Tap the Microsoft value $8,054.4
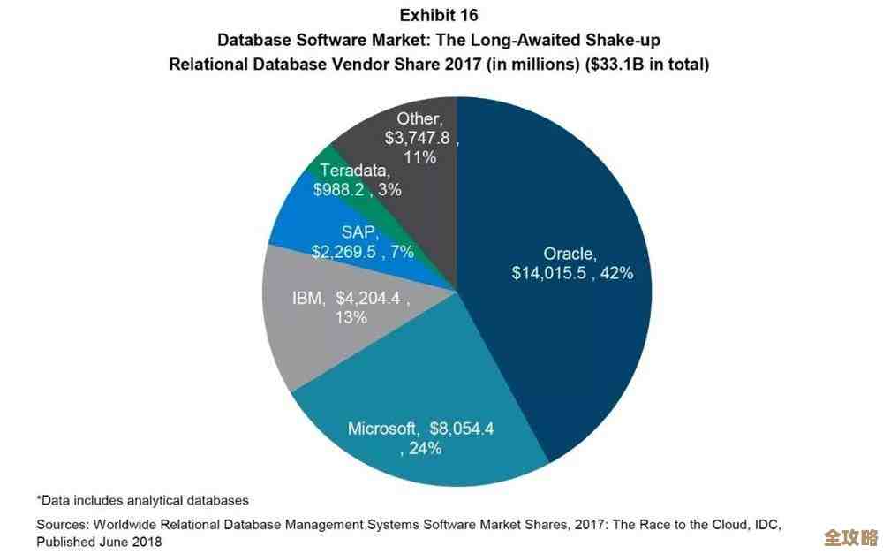(461, 429)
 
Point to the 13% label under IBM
(351, 317)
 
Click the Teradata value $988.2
(343, 189)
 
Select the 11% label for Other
(421, 157)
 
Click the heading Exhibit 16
(439, 15)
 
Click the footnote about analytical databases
(142, 500)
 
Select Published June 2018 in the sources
(99, 541)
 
